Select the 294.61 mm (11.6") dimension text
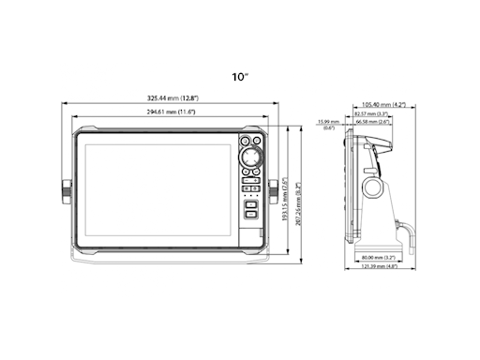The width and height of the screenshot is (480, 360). point(171,111)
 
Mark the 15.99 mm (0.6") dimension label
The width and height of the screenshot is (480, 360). point(327,125)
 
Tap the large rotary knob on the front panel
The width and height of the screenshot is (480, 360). point(251,156)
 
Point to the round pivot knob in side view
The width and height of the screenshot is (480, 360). point(373,188)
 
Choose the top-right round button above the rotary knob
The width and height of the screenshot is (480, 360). point(260,142)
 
